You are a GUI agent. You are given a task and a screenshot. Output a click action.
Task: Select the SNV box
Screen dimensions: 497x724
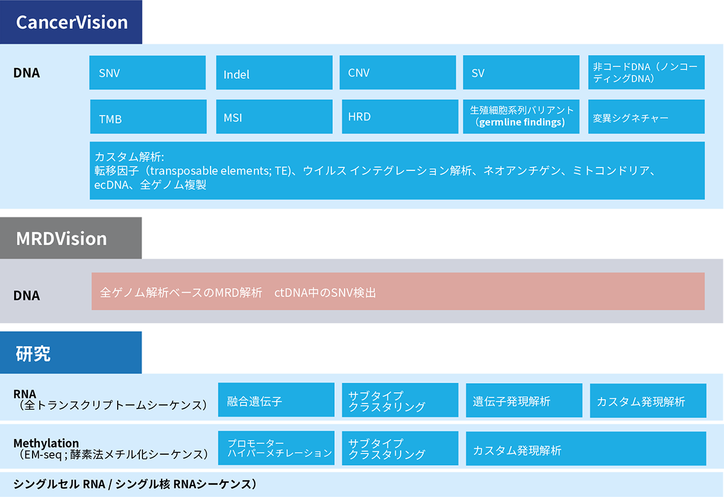pyautogui.click(x=147, y=73)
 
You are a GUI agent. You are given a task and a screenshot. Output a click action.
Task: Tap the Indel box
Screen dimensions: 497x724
pyautogui.click(x=274, y=73)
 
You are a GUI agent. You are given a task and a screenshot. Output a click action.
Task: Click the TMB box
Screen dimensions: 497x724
pyautogui.click(x=147, y=117)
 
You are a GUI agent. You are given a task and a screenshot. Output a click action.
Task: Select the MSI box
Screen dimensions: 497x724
pyautogui.click(x=274, y=117)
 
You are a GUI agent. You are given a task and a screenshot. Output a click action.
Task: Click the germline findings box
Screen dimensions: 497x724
pyautogui.click(x=521, y=117)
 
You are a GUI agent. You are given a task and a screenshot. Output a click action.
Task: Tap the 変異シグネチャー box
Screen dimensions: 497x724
pyautogui.click(x=646, y=117)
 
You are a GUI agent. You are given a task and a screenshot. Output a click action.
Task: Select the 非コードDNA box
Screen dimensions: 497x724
pyautogui.click(x=646, y=73)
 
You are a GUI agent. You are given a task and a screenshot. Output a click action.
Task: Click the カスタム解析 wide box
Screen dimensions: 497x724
pyautogui.click(x=397, y=170)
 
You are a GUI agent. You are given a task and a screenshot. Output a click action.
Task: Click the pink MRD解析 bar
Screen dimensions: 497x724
pyautogui.click(x=398, y=292)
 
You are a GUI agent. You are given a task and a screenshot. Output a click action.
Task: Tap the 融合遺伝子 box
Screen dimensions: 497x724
pyautogui.click(x=276, y=400)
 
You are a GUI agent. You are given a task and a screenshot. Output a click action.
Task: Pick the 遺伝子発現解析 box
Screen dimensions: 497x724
pyautogui.click(x=524, y=400)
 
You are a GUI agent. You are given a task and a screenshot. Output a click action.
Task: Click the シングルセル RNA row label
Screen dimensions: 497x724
pyautogui.click(x=135, y=484)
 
